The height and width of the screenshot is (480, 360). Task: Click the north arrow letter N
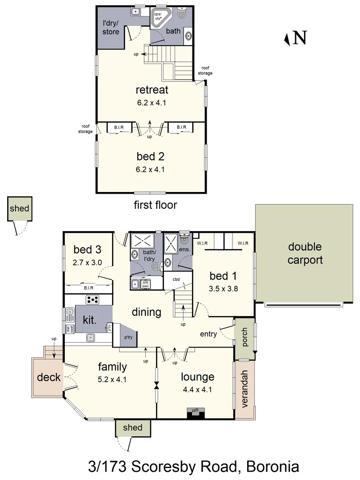300,38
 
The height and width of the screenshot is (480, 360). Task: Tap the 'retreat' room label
152,90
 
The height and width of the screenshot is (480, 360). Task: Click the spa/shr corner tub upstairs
159,18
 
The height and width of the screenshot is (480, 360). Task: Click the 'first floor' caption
155,205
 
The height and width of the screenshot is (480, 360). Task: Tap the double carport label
305,253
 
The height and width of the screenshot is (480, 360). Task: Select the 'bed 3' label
87,249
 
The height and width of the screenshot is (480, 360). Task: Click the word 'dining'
146,312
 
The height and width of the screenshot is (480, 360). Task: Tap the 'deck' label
48,377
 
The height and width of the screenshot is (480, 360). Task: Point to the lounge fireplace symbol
196,413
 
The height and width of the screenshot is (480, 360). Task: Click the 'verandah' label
245,389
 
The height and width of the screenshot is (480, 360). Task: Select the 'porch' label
244,338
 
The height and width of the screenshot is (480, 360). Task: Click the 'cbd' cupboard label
176,280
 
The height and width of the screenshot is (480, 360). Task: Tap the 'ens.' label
184,250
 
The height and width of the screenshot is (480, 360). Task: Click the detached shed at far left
20,209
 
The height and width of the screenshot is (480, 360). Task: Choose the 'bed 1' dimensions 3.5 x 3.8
224,288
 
